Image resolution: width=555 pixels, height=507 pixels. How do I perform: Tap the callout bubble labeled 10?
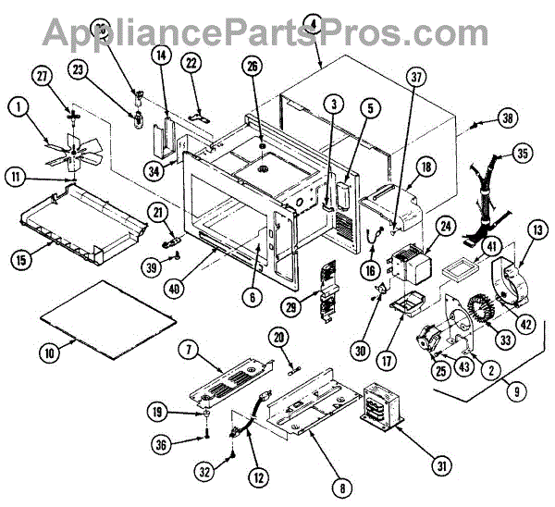pos(49,352)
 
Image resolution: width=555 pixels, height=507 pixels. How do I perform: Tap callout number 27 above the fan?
pos(40,75)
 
